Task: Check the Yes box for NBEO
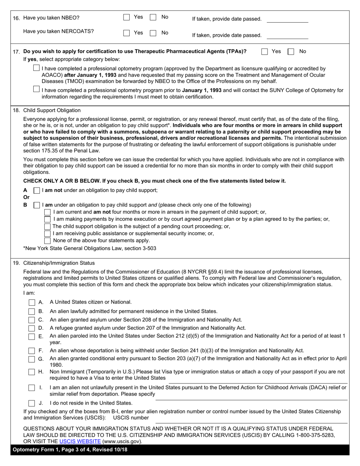point(127,17)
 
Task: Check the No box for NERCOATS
point(153,33)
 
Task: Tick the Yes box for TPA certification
point(265,52)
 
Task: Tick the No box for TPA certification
point(291,52)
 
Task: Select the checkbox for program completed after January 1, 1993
point(36,68)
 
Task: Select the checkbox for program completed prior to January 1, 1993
point(36,89)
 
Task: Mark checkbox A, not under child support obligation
point(37,190)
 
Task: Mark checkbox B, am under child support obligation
point(37,205)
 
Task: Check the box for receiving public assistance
point(47,233)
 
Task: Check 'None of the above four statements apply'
point(47,241)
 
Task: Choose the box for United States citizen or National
point(32,302)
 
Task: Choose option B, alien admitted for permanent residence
point(32,311)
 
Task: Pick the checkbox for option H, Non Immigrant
point(32,372)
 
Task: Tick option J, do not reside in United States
point(32,403)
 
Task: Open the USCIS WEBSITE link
point(80,441)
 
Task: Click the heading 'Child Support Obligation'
point(52,110)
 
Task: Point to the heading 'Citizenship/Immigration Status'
point(59,263)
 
